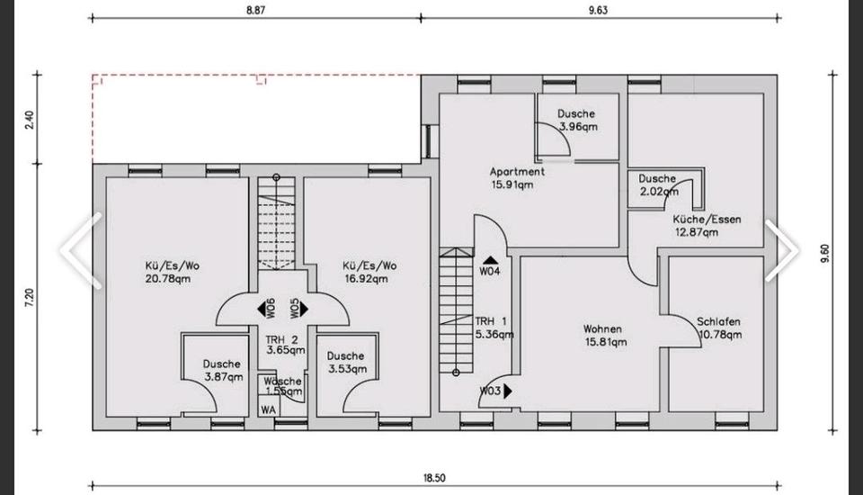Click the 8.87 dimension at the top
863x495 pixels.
click(x=256, y=10)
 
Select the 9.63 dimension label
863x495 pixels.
click(x=598, y=10)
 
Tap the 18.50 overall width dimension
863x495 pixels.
click(x=434, y=478)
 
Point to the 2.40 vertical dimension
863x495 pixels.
click(x=30, y=120)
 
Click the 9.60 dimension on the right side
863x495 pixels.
click(x=824, y=253)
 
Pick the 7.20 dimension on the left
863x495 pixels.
click(x=30, y=298)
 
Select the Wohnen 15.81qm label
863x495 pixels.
click(x=604, y=335)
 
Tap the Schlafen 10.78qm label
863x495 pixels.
click(x=719, y=328)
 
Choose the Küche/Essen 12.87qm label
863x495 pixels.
click(x=707, y=226)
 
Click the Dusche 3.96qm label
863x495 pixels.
click(x=577, y=121)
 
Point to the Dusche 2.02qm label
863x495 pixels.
click(x=658, y=185)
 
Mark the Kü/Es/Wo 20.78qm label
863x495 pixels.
click(x=172, y=272)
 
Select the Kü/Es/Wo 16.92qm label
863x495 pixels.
click(x=369, y=272)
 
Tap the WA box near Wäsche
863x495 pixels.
click(x=269, y=409)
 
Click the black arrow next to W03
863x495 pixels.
click(x=507, y=391)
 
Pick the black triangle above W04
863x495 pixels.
click(x=491, y=259)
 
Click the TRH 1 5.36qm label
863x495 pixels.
click(x=494, y=328)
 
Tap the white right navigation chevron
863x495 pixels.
click(x=781, y=251)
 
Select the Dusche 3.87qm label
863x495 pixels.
click(x=223, y=371)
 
